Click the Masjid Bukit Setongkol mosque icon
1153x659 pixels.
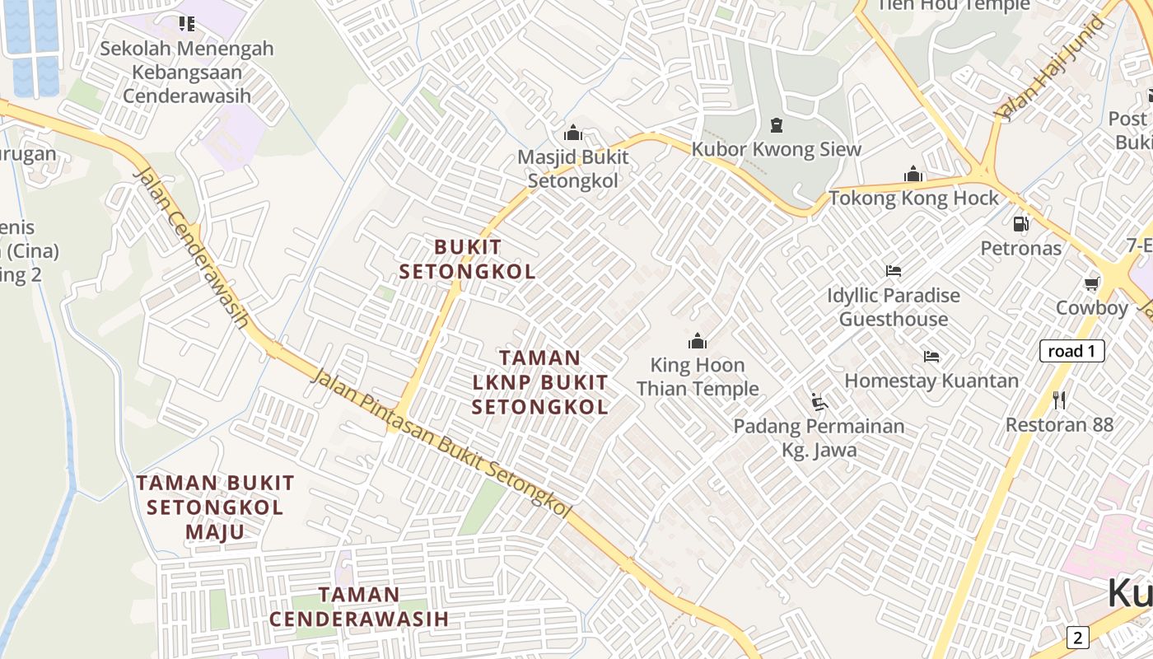572,133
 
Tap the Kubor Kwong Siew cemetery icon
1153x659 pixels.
776,125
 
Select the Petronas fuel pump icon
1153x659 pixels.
1020,223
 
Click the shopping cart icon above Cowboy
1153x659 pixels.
1092,284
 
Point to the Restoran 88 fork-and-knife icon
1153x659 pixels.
1059,400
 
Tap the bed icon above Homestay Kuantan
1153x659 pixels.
931,357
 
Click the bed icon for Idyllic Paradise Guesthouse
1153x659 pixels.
894,270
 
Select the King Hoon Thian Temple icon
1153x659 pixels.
698,341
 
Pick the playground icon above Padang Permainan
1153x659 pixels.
819,402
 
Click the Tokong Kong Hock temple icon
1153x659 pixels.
913,175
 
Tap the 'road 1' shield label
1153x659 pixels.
1071,352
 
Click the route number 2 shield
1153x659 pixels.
1078,637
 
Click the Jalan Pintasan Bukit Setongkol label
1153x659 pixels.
441,444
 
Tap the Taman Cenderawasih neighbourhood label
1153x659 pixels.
359,606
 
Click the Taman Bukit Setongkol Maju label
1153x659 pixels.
215,507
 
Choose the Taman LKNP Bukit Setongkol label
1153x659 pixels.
540,382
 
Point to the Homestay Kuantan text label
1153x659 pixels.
931,381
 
